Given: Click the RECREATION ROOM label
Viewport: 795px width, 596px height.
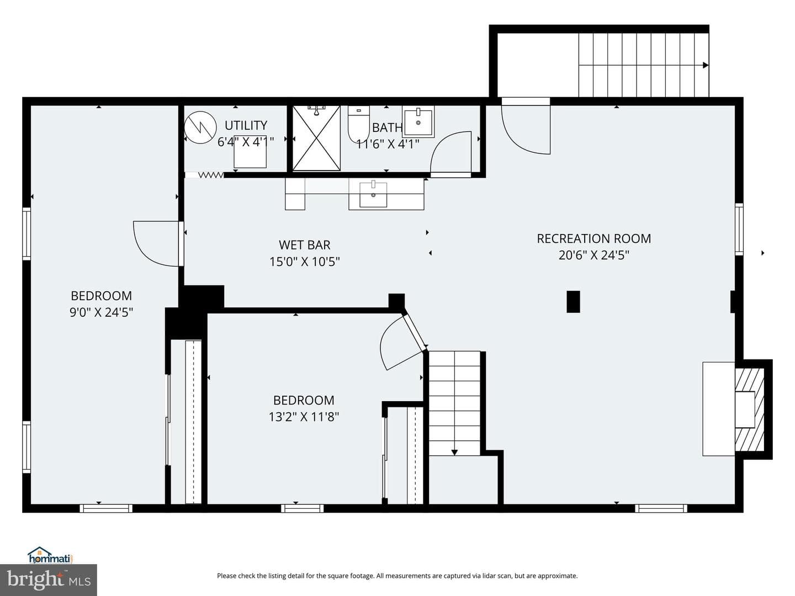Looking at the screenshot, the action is tap(593, 238).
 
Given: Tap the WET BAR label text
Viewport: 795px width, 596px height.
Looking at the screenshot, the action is tap(305, 245).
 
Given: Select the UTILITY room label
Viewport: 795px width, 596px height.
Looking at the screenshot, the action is tap(246, 125).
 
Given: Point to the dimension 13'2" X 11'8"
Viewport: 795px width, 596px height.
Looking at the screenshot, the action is tap(304, 417).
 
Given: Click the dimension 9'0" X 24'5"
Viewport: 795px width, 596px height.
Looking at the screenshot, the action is tap(102, 312).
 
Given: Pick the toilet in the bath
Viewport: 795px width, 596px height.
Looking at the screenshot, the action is tap(358, 124).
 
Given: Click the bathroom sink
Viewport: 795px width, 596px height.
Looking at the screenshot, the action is tap(418, 121).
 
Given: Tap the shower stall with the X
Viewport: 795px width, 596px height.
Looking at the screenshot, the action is tap(316, 138).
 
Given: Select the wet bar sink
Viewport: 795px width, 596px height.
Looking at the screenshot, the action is tap(373, 195).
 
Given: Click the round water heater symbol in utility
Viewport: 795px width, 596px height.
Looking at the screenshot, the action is tap(200, 127).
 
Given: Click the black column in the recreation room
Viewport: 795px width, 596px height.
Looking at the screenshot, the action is tap(574, 301).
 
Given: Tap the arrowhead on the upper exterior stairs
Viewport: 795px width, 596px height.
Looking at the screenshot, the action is tap(706, 65).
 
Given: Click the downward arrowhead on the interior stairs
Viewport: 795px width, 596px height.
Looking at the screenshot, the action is tap(454, 453).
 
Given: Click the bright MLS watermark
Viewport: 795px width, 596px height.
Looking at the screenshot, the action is tap(49, 580).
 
